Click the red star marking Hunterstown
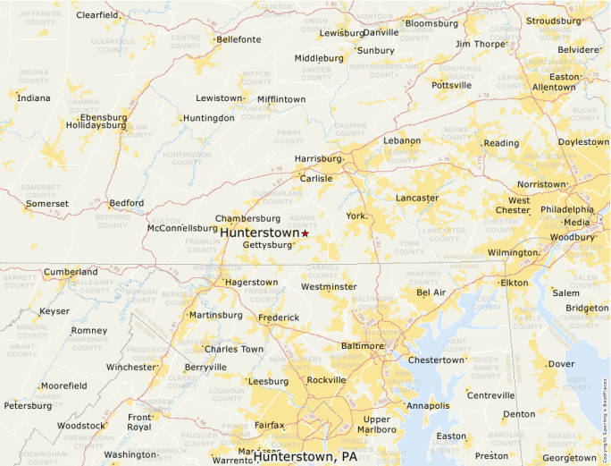pyautogui.click(x=305, y=233)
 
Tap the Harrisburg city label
pyautogui.click(x=318, y=159)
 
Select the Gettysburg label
pyautogui.click(x=268, y=244)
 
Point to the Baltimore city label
pyautogui.click(x=362, y=345)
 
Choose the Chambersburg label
pyautogui.click(x=247, y=218)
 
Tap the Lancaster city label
pyautogui.click(x=417, y=198)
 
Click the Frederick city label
pyautogui.click(x=279, y=318)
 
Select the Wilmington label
pyautogui.click(x=513, y=253)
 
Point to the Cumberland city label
pyautogui.click(x=71, y=272)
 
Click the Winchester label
pyautogui.click(x=130, y=367)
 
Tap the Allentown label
pyautogui.click(x=554, y=88)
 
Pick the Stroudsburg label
pyautogui.click(x=553, y=21)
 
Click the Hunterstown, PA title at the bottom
pyautogui.click(x=305, y=456)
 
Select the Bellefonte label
pyautogui.click(x=239, y=39)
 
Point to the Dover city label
pyautogui.click(x=561, y=364)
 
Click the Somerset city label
pyautogui.click(x=46, y=204)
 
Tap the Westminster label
pyautogui.click(x=328, y=287)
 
